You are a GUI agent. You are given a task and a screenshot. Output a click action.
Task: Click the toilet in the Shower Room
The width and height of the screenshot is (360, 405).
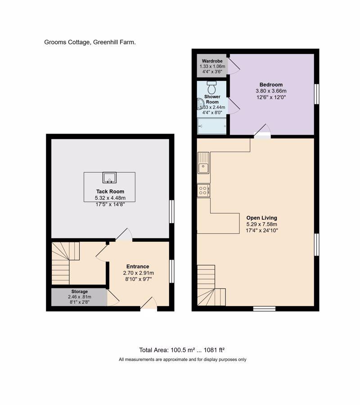pos(212,88)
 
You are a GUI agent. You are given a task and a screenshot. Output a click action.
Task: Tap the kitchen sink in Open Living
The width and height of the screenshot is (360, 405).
pos(203,163)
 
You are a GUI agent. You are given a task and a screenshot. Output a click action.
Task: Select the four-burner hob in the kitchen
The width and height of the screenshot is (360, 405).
pos(203,191)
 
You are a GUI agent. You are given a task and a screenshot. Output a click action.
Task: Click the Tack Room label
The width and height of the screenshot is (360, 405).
pos(110,192)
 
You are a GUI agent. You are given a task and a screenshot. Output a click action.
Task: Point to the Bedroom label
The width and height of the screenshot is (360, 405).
pos(271,85)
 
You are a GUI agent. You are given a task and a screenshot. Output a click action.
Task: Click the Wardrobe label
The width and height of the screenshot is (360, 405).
pos(212,61)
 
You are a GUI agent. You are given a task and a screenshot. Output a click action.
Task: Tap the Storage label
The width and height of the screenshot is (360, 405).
pos(80,292)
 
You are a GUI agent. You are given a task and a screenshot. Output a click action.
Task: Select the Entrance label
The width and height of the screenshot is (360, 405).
pos(138,266)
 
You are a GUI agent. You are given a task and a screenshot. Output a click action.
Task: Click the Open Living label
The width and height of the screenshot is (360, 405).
pos(261,218)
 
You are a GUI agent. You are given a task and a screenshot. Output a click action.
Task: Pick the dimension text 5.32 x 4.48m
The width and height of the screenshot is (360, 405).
pos(110,198)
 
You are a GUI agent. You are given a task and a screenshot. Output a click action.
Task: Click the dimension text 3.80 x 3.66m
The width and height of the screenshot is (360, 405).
pos(271,91)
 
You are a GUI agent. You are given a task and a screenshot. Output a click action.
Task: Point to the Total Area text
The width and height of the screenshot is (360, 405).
pos(182,350)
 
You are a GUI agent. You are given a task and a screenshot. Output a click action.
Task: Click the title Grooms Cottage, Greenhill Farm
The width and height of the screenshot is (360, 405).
pos(90,42)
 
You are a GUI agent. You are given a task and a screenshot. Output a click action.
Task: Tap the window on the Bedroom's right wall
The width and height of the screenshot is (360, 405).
pos(317,94)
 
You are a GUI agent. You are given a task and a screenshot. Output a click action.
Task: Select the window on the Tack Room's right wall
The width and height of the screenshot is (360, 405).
pos(171,211)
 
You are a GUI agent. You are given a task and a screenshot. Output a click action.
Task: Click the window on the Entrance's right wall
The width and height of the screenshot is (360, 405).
pos(171,271)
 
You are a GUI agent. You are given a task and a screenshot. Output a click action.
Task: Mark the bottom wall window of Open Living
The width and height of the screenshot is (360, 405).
pos(264,309)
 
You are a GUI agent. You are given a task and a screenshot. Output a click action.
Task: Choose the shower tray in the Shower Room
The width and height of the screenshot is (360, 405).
pos(212,126)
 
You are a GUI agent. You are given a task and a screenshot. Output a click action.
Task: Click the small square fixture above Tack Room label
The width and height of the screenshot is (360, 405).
pos(109,177)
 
